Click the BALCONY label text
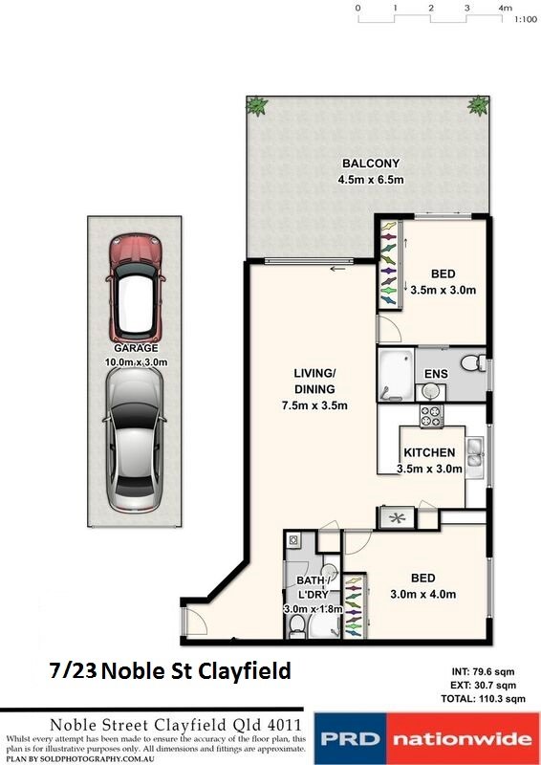tap(368, 164)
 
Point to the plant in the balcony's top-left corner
tap(256, 106)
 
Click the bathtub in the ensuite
tap(394, 373)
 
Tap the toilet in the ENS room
tap(470, 363)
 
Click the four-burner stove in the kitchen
tap(432, 417)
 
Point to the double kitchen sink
tap(474, 457)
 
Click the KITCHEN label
tap(429, 452)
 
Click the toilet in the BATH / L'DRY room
tap(297, 624)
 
